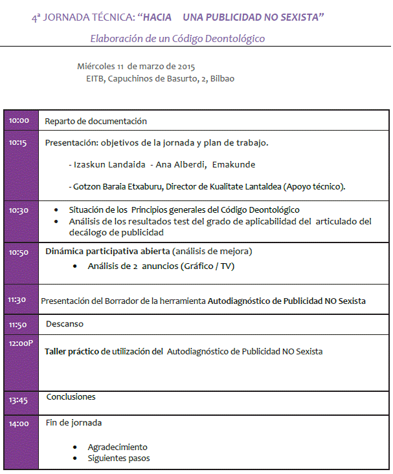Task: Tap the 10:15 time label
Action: pos(19,143)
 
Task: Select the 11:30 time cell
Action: pos(17,300)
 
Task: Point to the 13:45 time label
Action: pos(19,400)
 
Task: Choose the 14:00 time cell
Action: pos(19,424)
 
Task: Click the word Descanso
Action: pos(65,323)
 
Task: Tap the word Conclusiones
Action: pos(71,396)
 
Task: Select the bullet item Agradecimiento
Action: pos(117,447)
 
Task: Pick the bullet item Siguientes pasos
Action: pos(118,458)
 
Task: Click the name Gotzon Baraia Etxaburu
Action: pos(114,187)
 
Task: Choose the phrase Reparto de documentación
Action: pos(96,121)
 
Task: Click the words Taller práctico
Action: pos(72,351)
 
